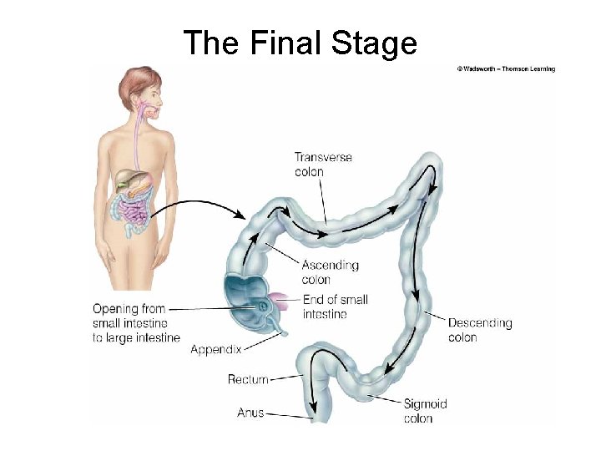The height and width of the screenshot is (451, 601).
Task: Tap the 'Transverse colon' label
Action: point(323,165)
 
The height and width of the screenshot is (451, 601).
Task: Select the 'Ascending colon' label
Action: point(330,272)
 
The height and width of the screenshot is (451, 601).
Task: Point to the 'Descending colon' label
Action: point(480,330)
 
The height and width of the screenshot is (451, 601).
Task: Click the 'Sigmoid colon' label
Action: point(426,411)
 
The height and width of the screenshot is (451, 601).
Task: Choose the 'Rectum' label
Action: point(248,379)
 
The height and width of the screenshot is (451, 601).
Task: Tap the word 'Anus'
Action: point(250,413)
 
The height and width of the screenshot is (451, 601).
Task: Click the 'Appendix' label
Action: point(215,349)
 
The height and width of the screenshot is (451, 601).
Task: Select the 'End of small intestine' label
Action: point(335,307)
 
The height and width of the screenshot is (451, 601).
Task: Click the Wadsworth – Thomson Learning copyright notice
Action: point(506,68)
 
